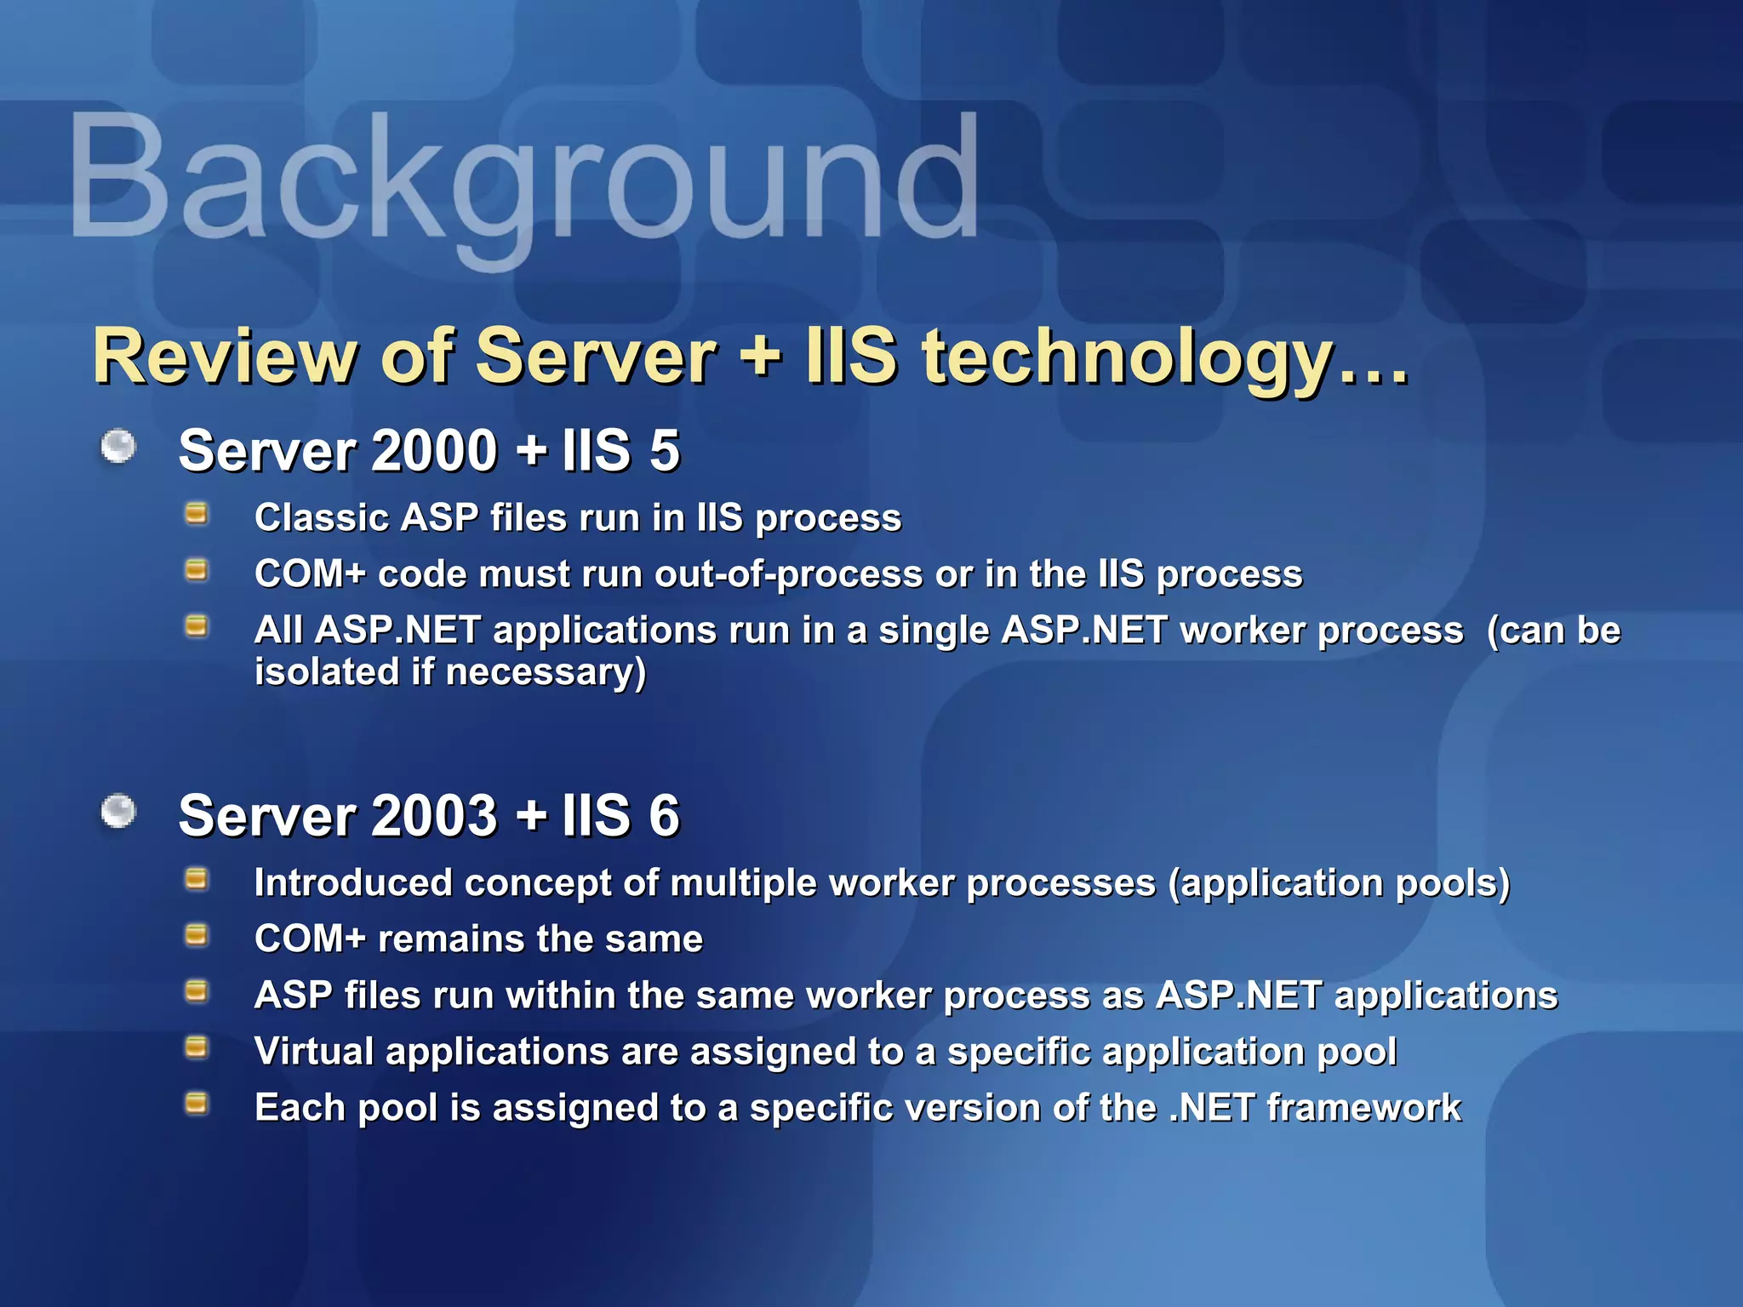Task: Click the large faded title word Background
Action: [523, 179]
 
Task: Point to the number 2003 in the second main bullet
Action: [434, 815]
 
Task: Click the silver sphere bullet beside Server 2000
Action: [118, 446]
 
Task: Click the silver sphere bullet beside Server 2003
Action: [118, 811]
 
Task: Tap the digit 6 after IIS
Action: [664, 815]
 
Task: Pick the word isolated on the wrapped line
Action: [327, 671]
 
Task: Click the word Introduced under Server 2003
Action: [352, 882]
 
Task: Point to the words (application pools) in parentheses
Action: [1339, 883]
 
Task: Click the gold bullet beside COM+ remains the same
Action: [197, 935]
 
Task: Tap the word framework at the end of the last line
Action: [1363, 1108]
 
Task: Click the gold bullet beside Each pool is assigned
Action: [197, 1104]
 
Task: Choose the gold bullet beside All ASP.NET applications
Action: [197, 627]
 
